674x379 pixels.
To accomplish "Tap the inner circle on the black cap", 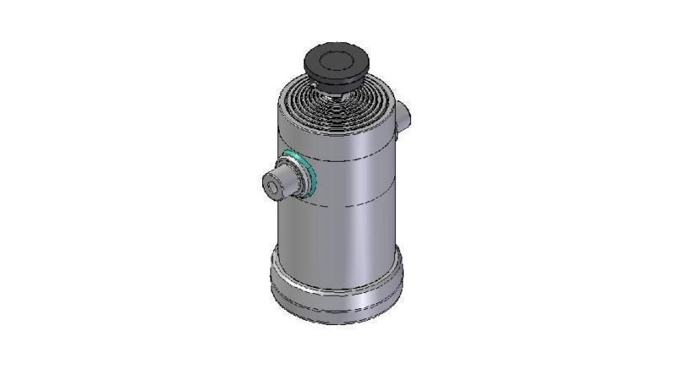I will [x=338, y=58].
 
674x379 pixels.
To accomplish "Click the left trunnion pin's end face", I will [x=274, y=185].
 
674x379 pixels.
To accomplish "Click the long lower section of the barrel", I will [x=337, y=232].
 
